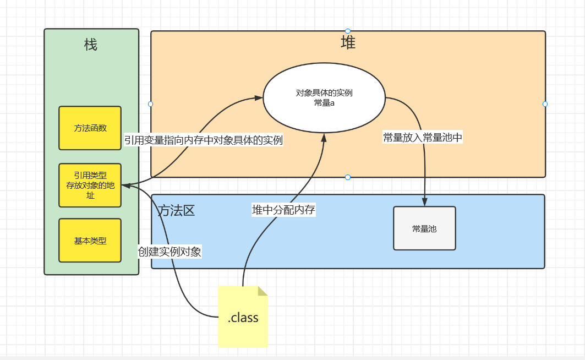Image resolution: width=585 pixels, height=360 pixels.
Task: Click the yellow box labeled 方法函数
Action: point(90,128)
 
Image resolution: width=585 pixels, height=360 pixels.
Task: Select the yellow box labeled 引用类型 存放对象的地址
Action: point(90,185)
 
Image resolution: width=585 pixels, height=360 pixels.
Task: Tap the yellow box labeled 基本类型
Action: point(90,241)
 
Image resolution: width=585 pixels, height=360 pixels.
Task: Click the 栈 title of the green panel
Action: point(91,45)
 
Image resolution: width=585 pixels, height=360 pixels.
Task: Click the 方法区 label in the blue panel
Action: point(177,210)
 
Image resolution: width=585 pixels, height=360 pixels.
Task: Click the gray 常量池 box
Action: point(424,228)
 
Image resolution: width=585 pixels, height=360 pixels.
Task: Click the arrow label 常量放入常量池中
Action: point(423,138)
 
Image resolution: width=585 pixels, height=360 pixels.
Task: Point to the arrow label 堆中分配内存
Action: point(283,210)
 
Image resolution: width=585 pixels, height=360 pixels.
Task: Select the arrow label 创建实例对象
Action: point(170,252)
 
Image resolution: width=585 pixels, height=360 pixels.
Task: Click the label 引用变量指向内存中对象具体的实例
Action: point(203,140)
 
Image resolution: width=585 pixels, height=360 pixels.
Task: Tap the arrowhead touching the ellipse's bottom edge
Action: point(324,138)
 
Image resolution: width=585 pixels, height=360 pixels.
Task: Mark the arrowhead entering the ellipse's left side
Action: point(259,98)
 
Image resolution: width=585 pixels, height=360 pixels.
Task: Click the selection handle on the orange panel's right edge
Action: point(545,103)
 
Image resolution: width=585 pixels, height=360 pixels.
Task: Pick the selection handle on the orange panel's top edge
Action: point(348,31)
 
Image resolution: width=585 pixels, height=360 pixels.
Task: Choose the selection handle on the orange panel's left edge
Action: point(150,103)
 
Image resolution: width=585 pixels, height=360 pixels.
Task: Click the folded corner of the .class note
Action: point(263,291)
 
